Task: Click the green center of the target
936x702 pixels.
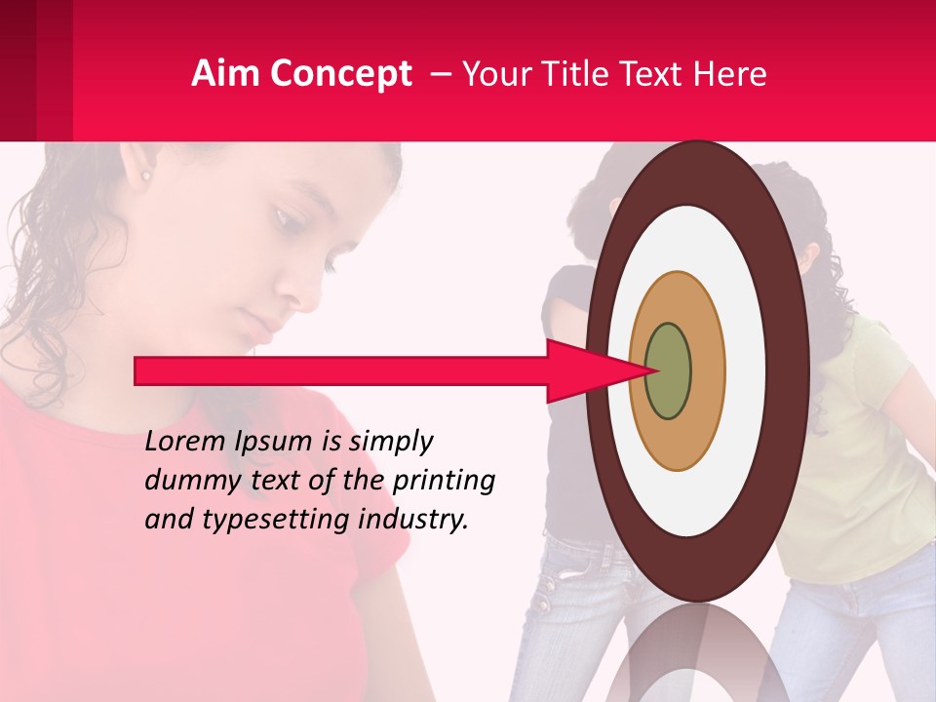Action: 668,370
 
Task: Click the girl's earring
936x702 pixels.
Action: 146,176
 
